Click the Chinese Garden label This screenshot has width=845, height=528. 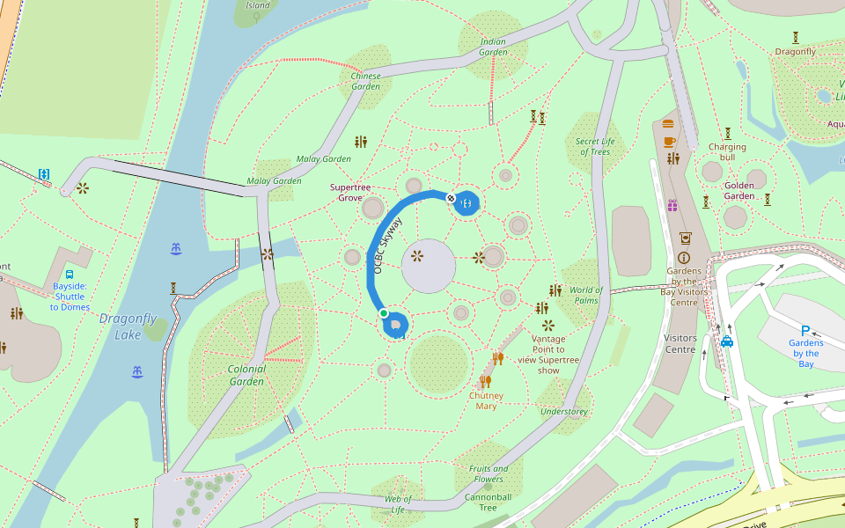365,81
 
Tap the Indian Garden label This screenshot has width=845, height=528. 493,47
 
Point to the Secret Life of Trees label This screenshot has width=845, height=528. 594,146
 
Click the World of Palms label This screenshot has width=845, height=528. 585,295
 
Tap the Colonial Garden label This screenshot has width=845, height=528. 246,376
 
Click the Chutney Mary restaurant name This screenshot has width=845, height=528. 486,400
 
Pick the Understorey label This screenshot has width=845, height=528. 563,411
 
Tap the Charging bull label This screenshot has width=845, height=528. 727,152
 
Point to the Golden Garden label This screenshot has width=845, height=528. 739,192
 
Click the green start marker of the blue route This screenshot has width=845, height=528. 384,313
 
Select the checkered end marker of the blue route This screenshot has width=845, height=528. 451,198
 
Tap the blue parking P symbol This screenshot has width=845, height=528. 805,331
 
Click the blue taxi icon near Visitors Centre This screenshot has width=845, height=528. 727,341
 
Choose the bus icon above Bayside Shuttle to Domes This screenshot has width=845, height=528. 69,275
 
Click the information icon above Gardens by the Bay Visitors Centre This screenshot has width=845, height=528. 684,258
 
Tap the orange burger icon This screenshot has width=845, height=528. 668,124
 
